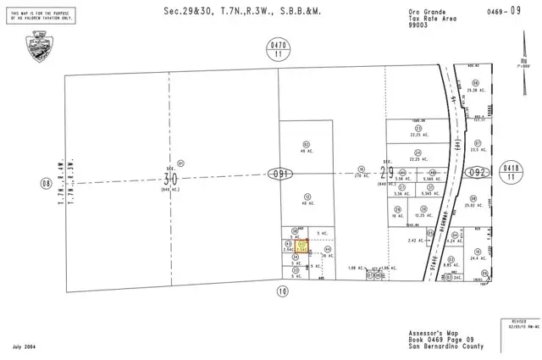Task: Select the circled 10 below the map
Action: tap(282, 291)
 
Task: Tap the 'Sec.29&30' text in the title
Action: tap(186, 11)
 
